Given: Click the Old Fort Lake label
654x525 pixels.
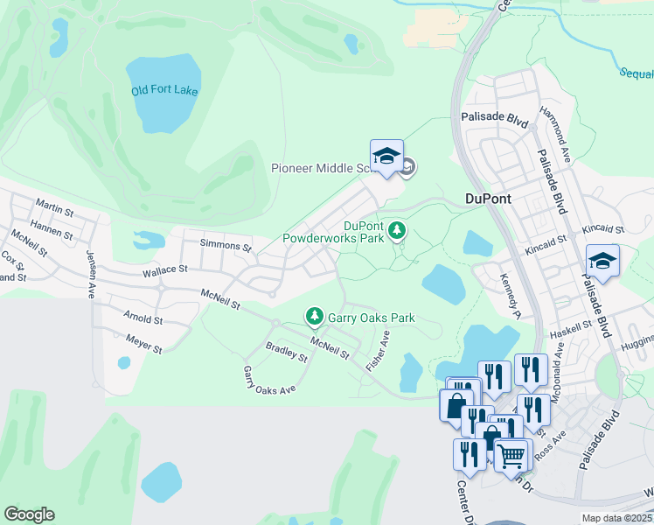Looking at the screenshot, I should coord(164,91).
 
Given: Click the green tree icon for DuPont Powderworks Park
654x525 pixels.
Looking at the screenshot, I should coord(398,230).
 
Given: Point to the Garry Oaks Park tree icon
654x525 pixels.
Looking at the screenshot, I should coord(313,315).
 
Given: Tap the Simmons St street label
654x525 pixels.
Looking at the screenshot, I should coord(226,245).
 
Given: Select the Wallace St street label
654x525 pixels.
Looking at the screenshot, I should coord(164,272).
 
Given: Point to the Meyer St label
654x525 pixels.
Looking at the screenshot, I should coord(143,343).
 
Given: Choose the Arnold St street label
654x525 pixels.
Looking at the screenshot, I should coord(143,317).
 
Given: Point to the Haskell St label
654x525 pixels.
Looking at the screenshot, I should coord(571,335).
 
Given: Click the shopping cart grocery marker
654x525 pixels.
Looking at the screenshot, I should coord(511,454).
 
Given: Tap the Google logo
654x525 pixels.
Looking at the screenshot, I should coord(29,514).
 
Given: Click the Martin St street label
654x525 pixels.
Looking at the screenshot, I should coord(54,206).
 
